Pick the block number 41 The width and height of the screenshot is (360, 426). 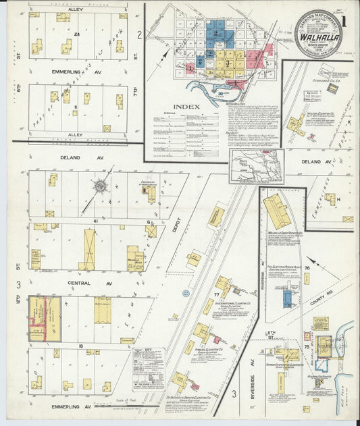(97, 221)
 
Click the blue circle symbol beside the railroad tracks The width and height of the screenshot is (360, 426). (186, 293)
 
